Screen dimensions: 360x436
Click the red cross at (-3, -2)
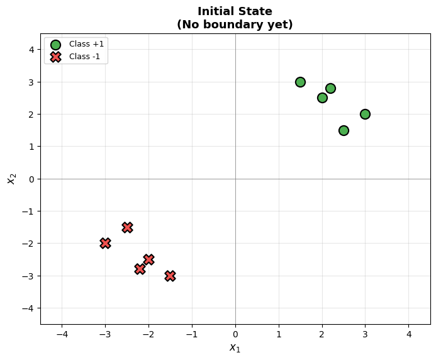[105, 243]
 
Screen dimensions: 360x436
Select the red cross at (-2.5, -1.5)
[127, 227]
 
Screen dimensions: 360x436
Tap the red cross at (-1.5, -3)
[170, 276]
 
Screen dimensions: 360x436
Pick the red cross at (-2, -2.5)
[148, 259]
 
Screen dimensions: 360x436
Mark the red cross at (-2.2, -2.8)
[140, 269]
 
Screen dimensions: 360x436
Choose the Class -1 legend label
[87, 57]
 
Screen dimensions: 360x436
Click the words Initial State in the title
[235, 11]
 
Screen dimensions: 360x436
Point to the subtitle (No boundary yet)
[235, 25]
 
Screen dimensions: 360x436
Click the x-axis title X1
[235, 347]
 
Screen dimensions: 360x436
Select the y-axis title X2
[11, 179]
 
